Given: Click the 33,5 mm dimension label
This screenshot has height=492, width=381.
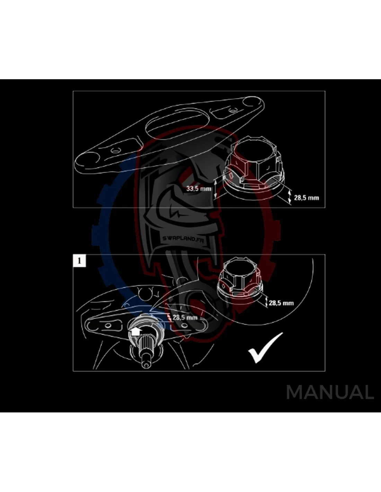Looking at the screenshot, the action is point(199,188).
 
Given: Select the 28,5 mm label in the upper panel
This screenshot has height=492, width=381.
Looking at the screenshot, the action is point(307,198).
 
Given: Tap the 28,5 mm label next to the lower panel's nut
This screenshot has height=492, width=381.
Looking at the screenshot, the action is point(281,303).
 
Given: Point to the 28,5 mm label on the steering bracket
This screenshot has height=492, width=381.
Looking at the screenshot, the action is point(185,317).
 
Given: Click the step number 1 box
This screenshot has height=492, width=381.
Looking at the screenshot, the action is point(79,261).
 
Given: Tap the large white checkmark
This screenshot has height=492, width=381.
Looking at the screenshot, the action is point(266,347).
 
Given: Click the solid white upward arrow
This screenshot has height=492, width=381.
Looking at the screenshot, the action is point(135,332).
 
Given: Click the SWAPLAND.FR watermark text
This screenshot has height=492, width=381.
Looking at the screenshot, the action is point(183,239).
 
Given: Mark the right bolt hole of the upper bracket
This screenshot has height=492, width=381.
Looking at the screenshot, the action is point(232,111).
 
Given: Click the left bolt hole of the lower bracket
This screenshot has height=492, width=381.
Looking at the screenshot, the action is point(108,326).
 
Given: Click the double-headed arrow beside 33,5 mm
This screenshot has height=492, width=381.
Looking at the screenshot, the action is point(215,188).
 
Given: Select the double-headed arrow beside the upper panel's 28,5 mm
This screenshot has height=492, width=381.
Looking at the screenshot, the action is point(290,197).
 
